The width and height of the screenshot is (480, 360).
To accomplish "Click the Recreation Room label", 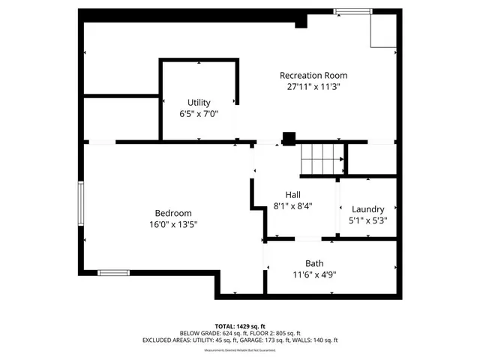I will point(313,76).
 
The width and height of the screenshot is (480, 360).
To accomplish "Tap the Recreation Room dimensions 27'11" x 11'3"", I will point(313,87).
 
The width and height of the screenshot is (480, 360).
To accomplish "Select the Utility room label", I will point(199,103).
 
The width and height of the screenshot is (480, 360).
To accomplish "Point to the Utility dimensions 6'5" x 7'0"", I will point(199,115).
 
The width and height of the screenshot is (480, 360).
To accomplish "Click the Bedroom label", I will point(173,213).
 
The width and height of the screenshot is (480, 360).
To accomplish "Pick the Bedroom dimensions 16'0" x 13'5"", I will point(173,224).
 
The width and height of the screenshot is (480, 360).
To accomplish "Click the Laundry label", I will point(367,209).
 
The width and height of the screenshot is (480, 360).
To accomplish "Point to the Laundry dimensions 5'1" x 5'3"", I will point(367,220).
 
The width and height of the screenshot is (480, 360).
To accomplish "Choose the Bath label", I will point(314,263).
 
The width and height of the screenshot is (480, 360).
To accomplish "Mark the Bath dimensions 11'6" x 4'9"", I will point(314,274).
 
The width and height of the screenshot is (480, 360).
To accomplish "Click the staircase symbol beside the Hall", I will point(322,160).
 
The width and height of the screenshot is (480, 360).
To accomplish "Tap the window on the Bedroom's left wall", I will point(82,202).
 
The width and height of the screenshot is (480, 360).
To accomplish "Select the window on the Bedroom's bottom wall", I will point(113,272).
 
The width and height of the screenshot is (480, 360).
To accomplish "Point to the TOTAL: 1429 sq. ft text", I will point(240,326).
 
